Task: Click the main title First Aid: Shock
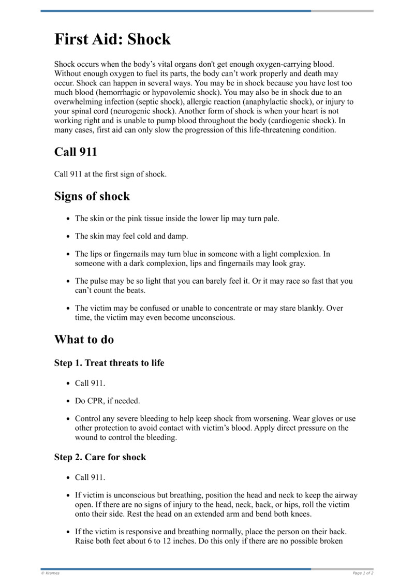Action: [112, 39]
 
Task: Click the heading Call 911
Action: [76, 152]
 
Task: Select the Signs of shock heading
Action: [92, 197]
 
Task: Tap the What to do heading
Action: [84, 340]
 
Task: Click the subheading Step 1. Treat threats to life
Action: [109, 363]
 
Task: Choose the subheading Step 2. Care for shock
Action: [100, 457]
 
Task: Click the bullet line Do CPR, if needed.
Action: [107, 401]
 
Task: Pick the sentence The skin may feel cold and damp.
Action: [131, 236]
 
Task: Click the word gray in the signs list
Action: [297, 263]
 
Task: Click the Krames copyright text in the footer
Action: [50, 573]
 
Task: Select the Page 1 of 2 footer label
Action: [363, 573]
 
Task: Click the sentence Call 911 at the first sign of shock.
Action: [110, 174]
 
